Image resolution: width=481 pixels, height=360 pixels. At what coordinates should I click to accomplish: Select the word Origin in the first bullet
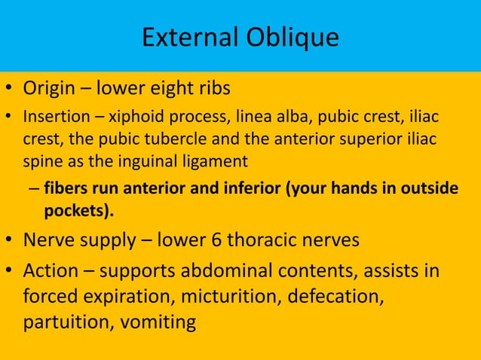coord(49,89)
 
